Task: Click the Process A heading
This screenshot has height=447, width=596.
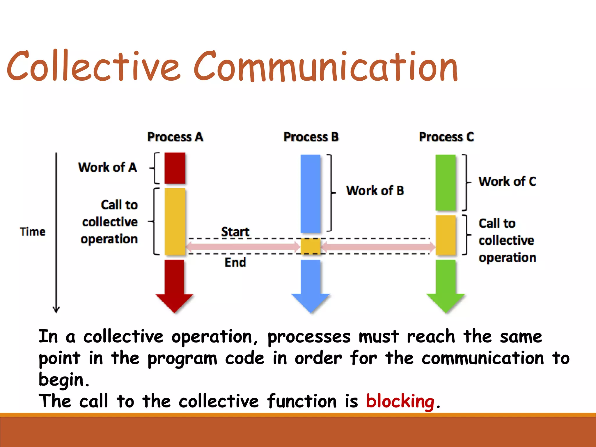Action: click(x=175, y=137)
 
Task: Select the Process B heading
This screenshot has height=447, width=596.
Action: click(x=311, y=137)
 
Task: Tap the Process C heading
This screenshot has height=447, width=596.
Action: click(x=446, y=137)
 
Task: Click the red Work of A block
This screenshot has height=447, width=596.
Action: click(x=175, y=168)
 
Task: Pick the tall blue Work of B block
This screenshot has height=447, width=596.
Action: click(x=310, y=194)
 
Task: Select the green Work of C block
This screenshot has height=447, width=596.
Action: click(x=446, y=182)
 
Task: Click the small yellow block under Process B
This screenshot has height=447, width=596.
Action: click(x=310, y=246)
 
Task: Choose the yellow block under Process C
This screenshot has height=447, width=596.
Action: click(x=446, y=235)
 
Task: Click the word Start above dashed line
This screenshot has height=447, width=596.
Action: click(x=235, y=232)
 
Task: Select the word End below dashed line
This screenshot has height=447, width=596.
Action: click(x=235, y=262)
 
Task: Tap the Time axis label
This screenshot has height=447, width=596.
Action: click(x=33, y=232)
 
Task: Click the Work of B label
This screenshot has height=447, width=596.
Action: click(x=375, y=191)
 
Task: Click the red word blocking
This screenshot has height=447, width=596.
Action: click(x=400, y=401)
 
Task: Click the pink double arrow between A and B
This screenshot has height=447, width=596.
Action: click(x=243, y=247)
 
